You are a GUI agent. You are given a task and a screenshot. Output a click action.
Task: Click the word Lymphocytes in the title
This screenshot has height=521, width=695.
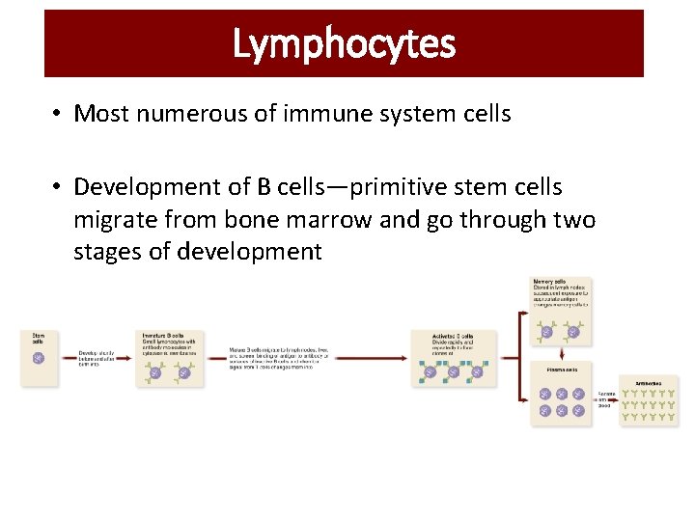click(344, 43)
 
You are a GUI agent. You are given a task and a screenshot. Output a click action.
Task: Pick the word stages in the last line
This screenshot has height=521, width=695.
click(108, 252)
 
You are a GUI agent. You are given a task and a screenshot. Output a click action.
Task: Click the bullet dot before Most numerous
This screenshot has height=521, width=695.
click(58, 114)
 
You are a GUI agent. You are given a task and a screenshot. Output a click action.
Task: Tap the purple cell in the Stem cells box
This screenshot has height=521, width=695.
click(39, 358)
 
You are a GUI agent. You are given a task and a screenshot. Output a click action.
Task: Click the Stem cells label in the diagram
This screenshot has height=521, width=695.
click(37, 338)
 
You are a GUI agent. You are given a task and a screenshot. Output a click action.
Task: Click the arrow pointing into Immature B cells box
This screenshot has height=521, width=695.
click(125, 358)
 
